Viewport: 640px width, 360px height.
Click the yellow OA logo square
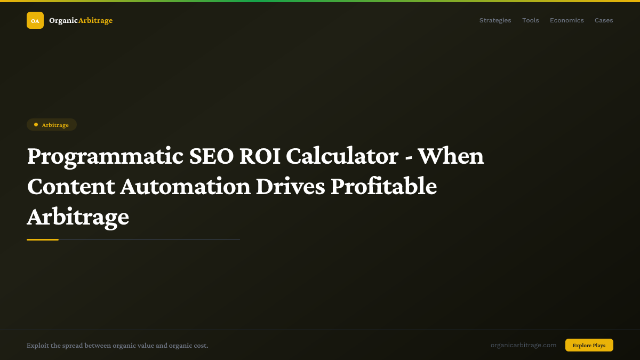[x=35, y=20]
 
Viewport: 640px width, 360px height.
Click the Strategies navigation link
[x=495, y=20]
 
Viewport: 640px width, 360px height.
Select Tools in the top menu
[x=530, y=20]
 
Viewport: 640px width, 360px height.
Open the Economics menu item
[x=566, y=20]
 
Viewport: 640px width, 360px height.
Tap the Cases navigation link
[x=604, y=20]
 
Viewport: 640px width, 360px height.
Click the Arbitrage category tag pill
[x=52, y=125]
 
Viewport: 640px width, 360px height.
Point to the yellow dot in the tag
[x=36, y=125]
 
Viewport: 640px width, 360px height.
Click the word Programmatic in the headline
[x=105, y=156]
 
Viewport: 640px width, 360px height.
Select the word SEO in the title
[x=212, y=156]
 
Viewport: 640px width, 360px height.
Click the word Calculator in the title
[x=342, y=156]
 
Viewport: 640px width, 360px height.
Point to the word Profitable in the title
[x=383, y=187]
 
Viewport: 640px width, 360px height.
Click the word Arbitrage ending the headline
[x=78, y=217]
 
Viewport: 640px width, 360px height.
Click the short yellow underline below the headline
[x=43, y=239]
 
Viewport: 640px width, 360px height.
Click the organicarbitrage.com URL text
[x=523, y=345]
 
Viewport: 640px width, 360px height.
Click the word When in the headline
[x=451, y=156]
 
